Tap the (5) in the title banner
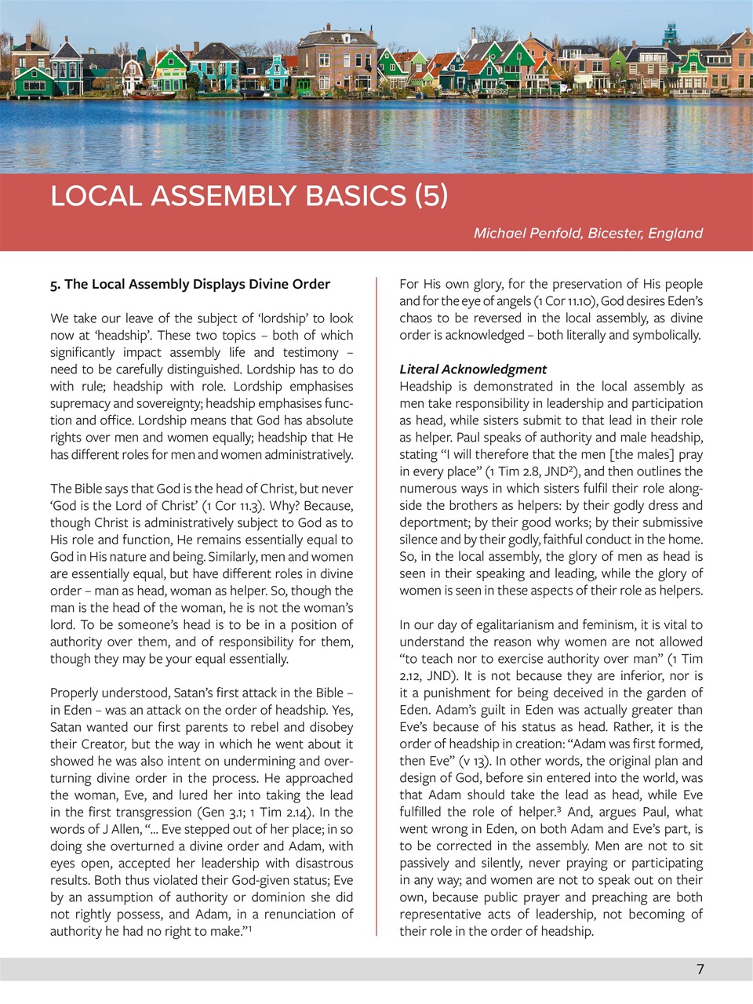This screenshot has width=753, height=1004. coord(431,196)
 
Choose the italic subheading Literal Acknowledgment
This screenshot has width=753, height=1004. coord(473,369)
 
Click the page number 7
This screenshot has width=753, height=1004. coord(700,969)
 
